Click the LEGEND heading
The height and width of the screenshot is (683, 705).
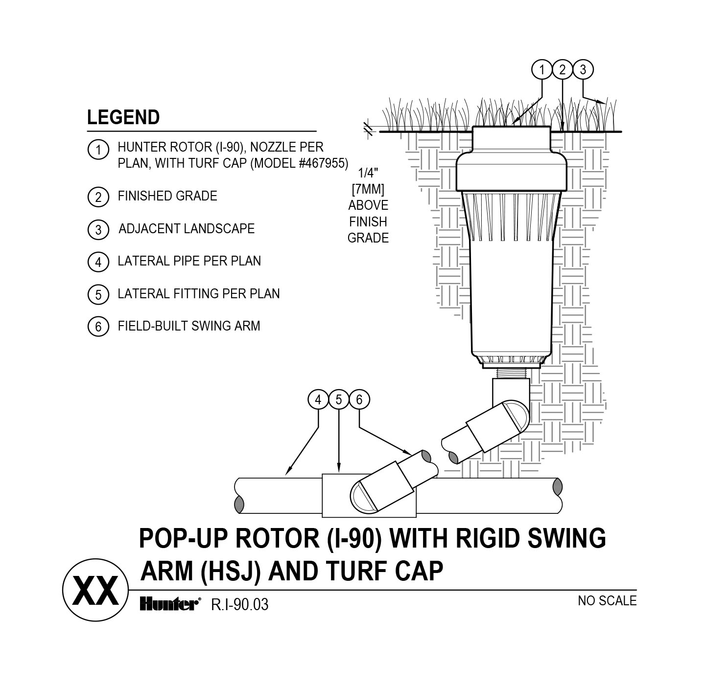click(x=123, y=118)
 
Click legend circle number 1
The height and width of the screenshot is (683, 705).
click(x=98, y=149)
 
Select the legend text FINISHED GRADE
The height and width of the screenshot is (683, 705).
click(x=167, y=196)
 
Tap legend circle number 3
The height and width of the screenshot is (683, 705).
click(x=98, y=229)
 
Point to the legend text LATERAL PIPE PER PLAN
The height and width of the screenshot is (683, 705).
click(x=189, y=261)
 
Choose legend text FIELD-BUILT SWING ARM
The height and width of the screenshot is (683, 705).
click(x=188, y=326)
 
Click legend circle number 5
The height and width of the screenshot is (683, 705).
click(x=98, y=295)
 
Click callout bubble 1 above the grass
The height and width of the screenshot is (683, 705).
click(x=541, y=70)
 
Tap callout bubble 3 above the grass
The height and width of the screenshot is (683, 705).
click(x=583, y=70)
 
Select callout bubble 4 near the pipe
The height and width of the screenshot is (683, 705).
click(x=318, y=400)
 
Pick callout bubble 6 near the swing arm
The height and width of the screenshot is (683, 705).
click(x=359, y=400)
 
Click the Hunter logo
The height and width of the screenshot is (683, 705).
click(x=169, y=604)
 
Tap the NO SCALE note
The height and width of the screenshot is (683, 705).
click(x=607, y=600)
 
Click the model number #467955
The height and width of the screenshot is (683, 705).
click(x=323, y=163)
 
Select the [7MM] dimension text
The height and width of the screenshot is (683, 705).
click(x=368, y=189)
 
